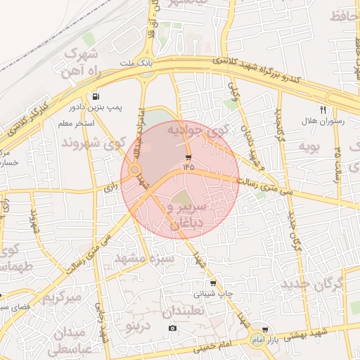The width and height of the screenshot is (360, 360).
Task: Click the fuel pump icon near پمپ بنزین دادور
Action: tap(96, 96)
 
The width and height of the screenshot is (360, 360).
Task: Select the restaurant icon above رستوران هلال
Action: tap(323, 109)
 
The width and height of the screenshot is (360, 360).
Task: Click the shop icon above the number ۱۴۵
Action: tap(188, 156)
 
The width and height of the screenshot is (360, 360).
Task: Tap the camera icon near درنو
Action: tap(173, 328)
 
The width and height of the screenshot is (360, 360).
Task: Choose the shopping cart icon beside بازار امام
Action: tap(264, 329)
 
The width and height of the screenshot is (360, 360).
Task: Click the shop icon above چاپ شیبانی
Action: tap(213, 283)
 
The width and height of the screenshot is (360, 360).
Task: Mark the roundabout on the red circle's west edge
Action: tap(134, 170)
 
